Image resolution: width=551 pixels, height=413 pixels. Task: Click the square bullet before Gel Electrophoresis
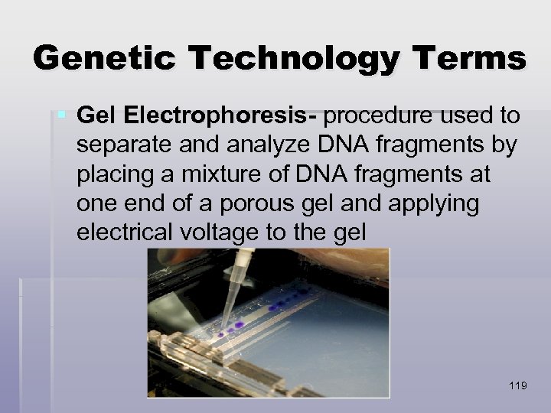[62, 115]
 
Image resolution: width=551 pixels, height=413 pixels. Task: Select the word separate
[122, 145]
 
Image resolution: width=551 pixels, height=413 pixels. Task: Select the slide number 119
[517, 385]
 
